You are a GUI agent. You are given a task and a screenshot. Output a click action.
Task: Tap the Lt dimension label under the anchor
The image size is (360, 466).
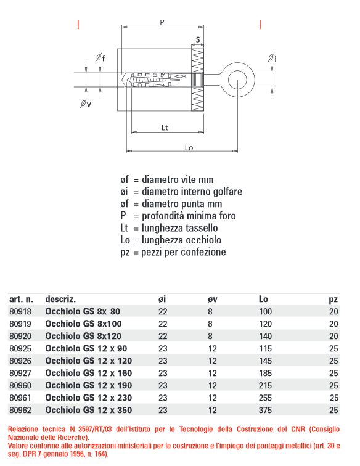[165, 128]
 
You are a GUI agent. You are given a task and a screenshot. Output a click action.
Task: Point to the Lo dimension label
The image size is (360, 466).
[190, 147]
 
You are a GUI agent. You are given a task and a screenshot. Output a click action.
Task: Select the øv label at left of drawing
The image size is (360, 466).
[86, 104]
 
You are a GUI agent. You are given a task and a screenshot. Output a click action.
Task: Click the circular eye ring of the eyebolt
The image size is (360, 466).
[235, 78]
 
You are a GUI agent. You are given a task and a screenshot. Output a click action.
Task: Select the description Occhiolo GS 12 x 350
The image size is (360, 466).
[89, 409]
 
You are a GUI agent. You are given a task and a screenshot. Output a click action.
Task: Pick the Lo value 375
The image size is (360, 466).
[266, 409]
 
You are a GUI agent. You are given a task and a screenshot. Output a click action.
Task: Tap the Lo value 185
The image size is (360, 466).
[266, 373]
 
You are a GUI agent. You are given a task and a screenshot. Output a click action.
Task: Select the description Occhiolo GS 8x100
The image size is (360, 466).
[83, 324]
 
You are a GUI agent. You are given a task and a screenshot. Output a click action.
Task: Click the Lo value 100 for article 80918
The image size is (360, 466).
[266, 312]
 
